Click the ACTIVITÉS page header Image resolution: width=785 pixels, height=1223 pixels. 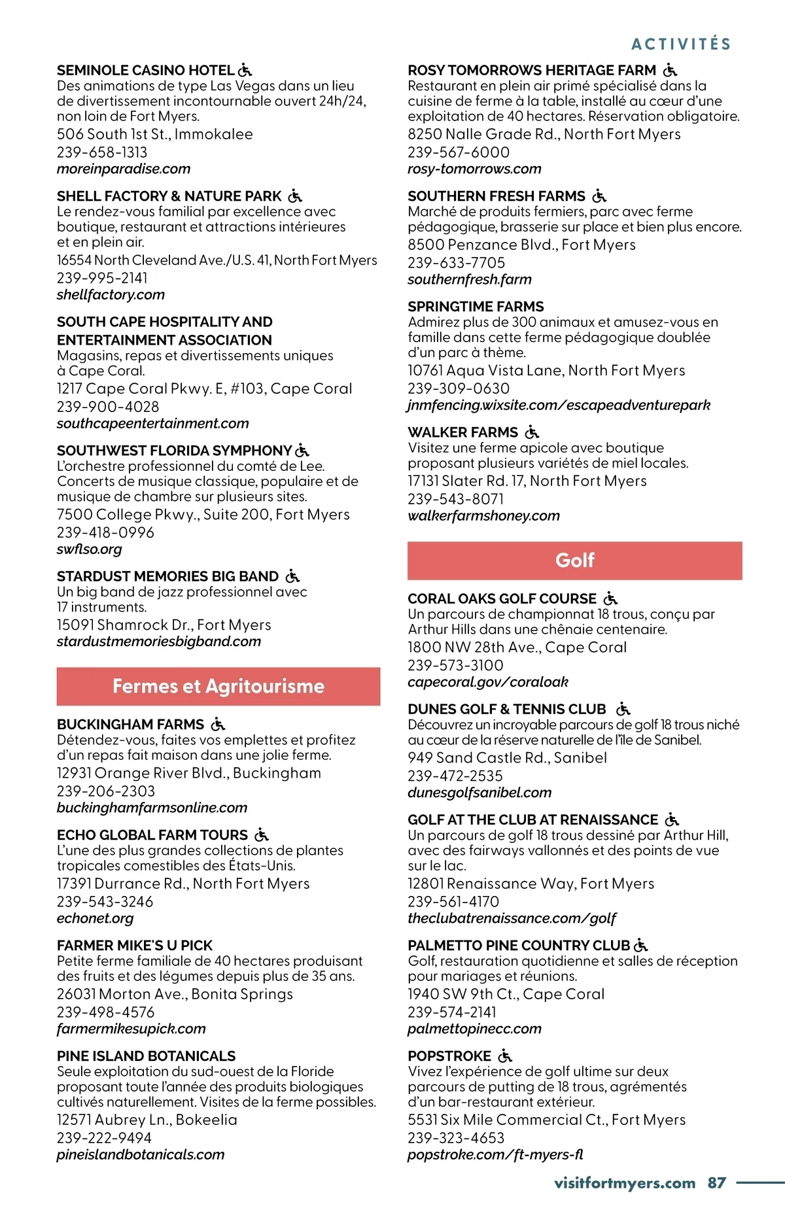681,44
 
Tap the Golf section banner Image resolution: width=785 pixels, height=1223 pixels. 574,560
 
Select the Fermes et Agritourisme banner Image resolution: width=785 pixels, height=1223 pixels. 218,686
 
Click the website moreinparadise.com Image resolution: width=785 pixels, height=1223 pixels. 124,169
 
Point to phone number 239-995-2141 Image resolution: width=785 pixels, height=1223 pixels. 102,278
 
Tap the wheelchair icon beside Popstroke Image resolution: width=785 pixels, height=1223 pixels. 505,1056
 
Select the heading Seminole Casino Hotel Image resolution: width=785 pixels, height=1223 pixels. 145,70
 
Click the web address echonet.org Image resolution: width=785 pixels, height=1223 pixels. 95,918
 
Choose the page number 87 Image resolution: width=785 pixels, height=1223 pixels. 717,1182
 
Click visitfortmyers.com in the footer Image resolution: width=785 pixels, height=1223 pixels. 624,1182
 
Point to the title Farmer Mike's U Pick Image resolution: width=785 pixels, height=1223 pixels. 135,945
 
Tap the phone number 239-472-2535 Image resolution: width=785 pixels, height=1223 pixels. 455,776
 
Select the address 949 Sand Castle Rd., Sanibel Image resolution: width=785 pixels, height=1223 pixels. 507,757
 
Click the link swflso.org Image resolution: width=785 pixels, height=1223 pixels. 90,549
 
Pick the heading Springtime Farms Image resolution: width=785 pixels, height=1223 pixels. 476,306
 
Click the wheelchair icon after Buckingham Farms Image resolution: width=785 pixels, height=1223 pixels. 218,724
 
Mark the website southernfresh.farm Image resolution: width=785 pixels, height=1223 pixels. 470,279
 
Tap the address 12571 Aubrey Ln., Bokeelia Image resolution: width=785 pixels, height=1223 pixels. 147,1120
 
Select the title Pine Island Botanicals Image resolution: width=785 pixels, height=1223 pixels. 146,1056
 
